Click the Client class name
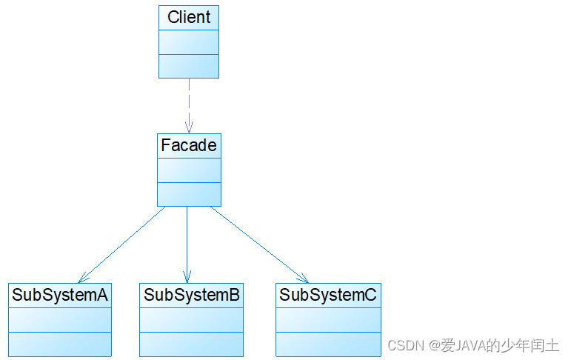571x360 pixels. click(189, 17)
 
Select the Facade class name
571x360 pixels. click(189, 145)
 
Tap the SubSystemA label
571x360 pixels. click(60, 295)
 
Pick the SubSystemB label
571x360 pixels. click(192, 295)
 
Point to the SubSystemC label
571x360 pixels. click(328, 295)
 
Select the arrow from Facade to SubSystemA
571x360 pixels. click(122, 244)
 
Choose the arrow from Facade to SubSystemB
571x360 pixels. click(187, 244)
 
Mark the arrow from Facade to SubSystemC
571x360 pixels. click(259, 244)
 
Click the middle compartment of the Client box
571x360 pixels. click(189, 42)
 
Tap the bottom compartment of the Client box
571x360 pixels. click(189, 66)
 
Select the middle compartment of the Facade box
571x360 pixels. click(189, 170)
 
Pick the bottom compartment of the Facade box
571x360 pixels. click(189, 194)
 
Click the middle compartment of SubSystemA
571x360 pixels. click(60, 319)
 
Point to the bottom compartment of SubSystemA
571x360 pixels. click(60, 344)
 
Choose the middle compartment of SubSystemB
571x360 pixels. click(192, 319)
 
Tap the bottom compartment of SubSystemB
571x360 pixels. click(192, 344)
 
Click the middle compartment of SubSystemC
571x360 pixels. click(328, 319)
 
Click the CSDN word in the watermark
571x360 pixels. click(404, 346)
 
